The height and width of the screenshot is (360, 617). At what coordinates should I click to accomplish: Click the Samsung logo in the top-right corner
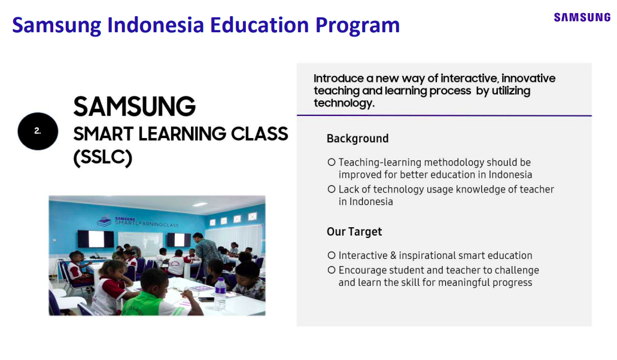click(x=582, y=17)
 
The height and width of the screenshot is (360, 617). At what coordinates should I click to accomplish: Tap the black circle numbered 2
click(x=38, y=132)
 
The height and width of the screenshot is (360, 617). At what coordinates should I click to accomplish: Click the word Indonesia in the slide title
click(x=156, y=25)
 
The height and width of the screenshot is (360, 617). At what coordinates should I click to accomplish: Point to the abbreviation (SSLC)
click(x=103, y=157)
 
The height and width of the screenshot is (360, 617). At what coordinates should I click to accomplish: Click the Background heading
click(x=357, y=139)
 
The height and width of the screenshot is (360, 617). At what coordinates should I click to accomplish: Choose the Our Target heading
click(x=354, y=232)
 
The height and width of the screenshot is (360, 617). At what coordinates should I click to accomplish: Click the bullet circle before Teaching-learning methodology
click(x=332, y=162)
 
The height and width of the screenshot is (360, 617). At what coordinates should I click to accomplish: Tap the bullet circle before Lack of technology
click(x=332, y=189)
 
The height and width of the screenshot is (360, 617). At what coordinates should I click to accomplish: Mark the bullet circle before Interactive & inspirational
click(x=332, y=255)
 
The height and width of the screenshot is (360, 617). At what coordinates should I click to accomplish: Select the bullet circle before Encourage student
click(x=332, y=270)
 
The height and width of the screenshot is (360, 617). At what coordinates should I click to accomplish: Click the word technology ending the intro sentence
click(x=344, y=103)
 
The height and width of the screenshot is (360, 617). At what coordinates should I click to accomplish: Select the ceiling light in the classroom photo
click(x=200, y=205)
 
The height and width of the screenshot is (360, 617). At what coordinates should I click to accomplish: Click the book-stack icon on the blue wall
click(x=104, y=221)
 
